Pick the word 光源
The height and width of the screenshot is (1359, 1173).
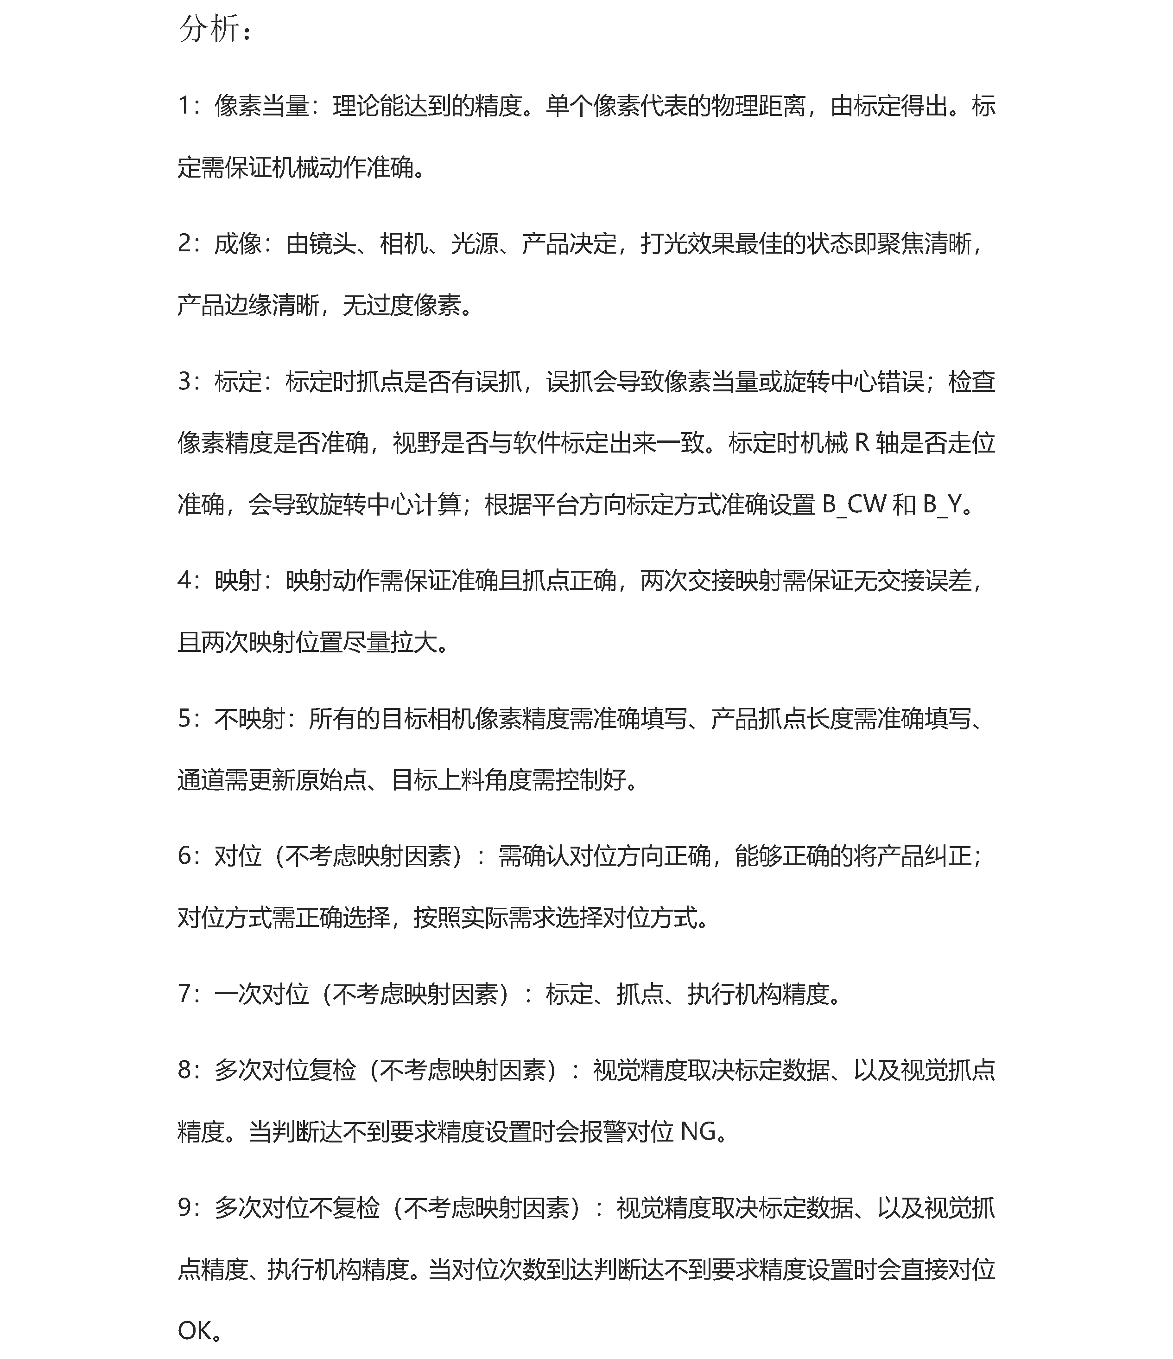tap(474, 244)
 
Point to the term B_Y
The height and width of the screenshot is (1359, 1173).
tap(942, 505)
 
